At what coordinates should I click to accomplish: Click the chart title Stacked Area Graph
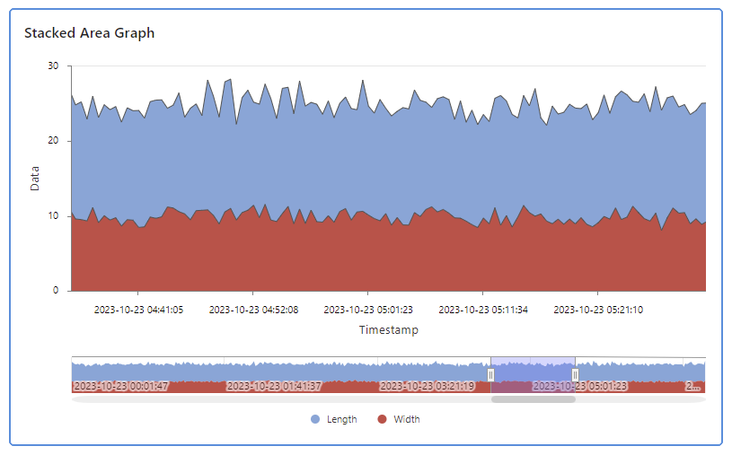point(89,33)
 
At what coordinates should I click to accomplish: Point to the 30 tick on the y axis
point(54,66)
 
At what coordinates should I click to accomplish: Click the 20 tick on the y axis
point(54,141)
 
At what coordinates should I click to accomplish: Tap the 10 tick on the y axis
point(54,216)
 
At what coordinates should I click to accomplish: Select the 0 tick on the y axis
point(57,291)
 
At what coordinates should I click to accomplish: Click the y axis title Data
point(35,179)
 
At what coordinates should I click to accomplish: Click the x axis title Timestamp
point(388,330)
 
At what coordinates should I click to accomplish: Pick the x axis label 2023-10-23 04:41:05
point(138,310)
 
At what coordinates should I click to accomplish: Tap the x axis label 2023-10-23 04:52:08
point(253,310)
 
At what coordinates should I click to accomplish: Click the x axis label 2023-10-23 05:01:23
point(368,310)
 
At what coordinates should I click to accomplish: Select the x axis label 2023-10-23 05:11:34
point(483,310)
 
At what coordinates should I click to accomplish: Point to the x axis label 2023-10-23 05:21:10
point(598,310)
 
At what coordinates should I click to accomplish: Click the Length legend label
point(342,419)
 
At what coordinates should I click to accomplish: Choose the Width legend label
point(406,419)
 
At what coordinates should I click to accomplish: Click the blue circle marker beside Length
point(315,419)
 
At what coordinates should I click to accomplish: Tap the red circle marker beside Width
point(382,419)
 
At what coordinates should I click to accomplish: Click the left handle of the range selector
point(490,374)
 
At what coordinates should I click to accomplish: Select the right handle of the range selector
point(575,374)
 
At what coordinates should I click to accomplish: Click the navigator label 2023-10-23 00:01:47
point(120,386)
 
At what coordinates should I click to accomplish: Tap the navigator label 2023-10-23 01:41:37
point(274,386)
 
